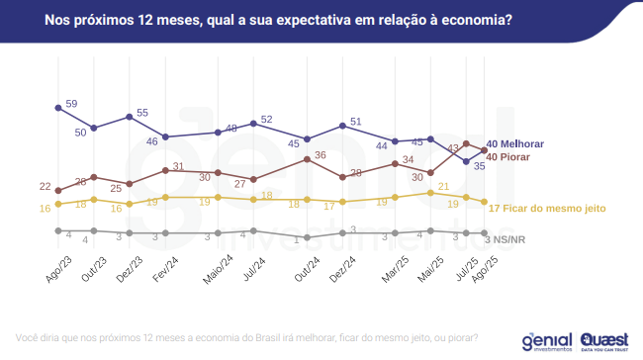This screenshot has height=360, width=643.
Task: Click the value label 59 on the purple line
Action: (x=71, y=103)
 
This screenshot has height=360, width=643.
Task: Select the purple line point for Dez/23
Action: (x=130, y=117)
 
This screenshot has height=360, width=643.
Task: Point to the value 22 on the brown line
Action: (x=46, y=187)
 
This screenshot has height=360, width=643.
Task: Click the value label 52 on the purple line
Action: (x=267, y=120)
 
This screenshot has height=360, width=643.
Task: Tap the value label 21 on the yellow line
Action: (x=444, y=185)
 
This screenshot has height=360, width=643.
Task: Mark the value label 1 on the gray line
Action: (x=296, y=239)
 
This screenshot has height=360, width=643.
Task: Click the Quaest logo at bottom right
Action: (x=604, y=340)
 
